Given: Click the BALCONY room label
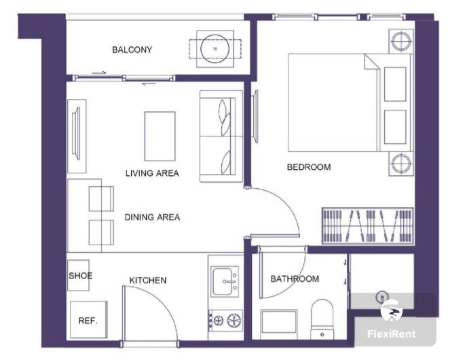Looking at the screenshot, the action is coord(132,50).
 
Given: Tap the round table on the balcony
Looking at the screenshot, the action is coord(214,49).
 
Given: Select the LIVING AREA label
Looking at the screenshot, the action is coord(152,173).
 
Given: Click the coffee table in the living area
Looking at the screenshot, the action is coord(160,136).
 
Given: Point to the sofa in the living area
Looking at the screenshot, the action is coord(221,136).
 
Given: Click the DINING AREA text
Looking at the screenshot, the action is coord(152,217).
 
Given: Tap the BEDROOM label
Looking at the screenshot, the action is coord(309,167).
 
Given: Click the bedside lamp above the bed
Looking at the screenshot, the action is coord(401,41).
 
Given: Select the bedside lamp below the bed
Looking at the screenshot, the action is coord(401,164).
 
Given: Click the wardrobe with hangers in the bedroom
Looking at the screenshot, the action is coord(368,226).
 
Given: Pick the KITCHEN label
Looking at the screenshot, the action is coord(148,281).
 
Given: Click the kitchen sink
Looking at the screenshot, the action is coord(225,282).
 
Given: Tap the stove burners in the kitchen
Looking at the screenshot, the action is coord(226,321).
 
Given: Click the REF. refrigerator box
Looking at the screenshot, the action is coord(89,319).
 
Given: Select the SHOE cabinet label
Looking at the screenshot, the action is coord(80,276).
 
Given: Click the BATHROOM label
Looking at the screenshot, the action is coord(295,278).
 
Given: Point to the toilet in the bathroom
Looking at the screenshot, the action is coord(322,319).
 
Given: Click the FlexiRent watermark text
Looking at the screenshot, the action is coord(392,334).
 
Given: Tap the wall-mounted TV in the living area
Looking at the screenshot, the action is coord(76,133).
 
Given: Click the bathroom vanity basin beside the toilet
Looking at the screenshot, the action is coord(279,321).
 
